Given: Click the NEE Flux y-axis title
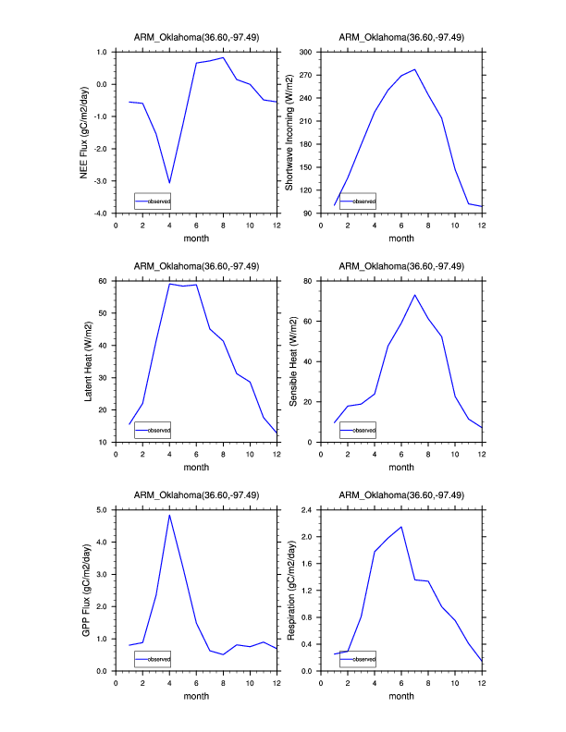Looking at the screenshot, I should [x=83, y=131].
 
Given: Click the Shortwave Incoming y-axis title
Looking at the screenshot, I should [x=289, y=131].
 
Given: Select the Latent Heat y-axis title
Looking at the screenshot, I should [x=89, y=360].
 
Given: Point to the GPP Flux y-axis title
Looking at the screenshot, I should [x=83, y=590].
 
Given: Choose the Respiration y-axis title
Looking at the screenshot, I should [x=289, y=590].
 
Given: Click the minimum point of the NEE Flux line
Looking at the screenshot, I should [x=169, y=183].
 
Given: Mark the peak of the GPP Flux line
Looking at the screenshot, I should [x=169, y=515].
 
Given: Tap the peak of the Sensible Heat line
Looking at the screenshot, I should [x=415, y=295].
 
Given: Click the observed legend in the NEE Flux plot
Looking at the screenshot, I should [x=153, y=201].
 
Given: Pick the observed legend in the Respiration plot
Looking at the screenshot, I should [x=358, y=659].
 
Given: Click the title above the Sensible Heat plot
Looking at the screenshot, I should [x=401, y=266].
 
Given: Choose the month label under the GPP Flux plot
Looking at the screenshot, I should [x=196, y=695].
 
